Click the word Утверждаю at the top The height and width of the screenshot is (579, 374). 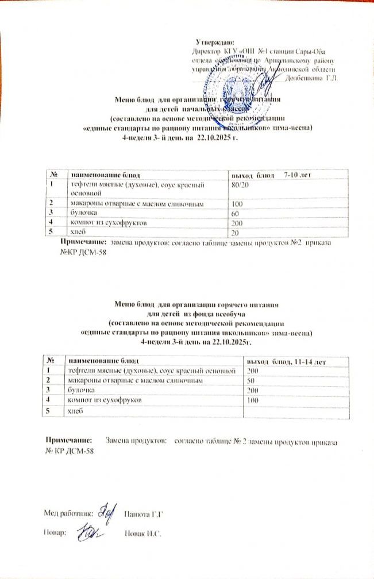214,43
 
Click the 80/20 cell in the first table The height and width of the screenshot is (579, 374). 240,183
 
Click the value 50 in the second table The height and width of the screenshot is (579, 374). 250,380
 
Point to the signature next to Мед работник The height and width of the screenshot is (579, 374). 105,511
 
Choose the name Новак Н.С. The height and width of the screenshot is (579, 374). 142,534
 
